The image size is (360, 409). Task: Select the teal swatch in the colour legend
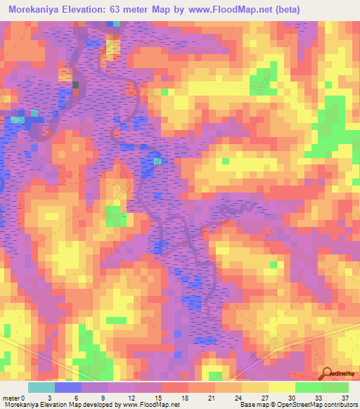pos(41,387)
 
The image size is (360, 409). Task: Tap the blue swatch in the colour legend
pos(68,387)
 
